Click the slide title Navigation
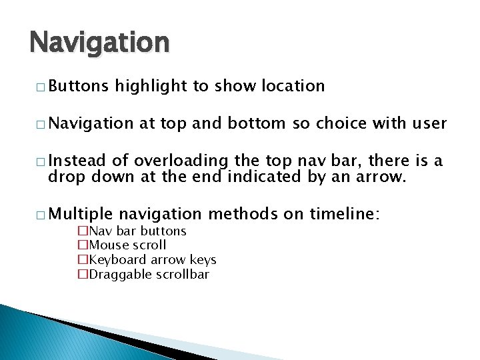tap(99, 43)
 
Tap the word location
tap(293, 86)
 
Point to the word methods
tap(242, 214)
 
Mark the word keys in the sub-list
tap(204, 259)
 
